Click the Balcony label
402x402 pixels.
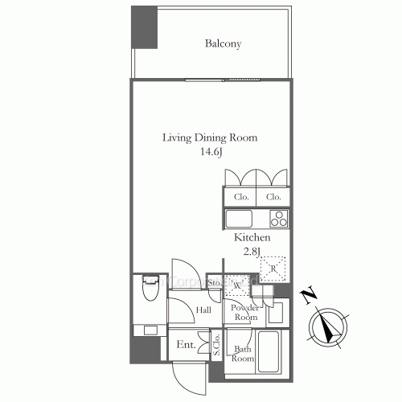point(223,43)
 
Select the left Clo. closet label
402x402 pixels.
point(241,197)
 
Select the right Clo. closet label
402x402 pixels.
point(273,197)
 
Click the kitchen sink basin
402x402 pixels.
point(240,219)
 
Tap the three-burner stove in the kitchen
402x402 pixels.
point(278,219)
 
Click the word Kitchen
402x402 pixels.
point(252,239)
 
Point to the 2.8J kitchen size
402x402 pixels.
point(252,252)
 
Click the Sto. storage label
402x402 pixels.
point(215,283)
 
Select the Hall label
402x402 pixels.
point(203,310)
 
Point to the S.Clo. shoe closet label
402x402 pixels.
point(217,344)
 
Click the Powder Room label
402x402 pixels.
point(244,313)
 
